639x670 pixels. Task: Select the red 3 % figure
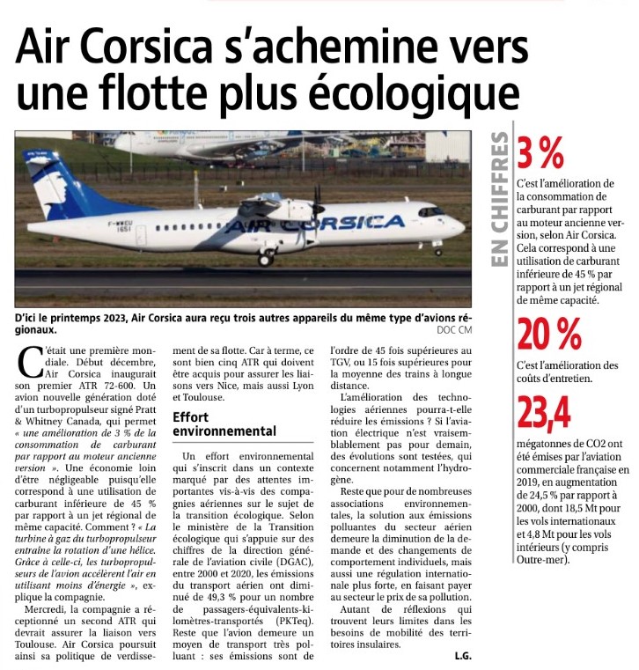click(x=540, y=155)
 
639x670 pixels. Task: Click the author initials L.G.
click(x=465, y=655)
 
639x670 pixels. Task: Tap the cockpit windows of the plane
click(x=431, y=212)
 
